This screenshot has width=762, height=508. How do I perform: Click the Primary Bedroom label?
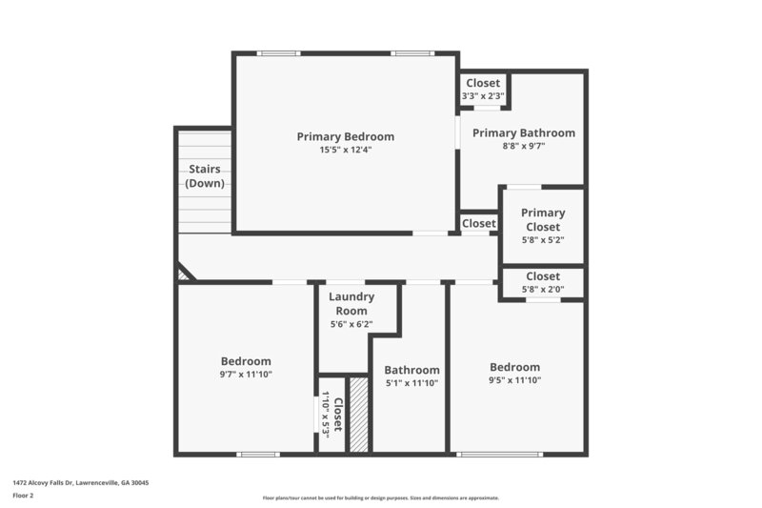(345, 136)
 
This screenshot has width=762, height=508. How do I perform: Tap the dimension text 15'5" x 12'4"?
(345, 150)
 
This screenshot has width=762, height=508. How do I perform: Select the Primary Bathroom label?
(523, 133)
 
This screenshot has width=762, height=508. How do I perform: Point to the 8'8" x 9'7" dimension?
(523, 147)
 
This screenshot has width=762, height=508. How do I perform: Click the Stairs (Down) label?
(204, 175)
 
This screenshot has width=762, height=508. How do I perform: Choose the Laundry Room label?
(351, 303)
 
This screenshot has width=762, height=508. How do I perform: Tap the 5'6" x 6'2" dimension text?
(351, 324)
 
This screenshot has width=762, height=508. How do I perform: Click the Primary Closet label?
(543, 220)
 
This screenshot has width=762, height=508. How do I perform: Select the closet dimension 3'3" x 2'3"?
(483, 95)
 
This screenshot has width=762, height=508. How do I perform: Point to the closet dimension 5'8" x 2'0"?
(543, 289)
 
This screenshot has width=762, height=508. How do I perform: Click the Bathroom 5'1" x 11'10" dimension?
(411, 383)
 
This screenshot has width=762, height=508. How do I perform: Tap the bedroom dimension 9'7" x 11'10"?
(246, 375)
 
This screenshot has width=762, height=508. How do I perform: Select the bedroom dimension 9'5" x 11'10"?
(514, 380)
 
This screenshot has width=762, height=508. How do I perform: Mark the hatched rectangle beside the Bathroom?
(358, 415)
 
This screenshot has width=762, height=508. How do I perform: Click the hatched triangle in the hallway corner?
(183, 274)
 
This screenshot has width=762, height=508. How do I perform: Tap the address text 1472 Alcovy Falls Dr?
(80, 483)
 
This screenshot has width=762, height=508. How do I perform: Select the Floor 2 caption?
(24, 496)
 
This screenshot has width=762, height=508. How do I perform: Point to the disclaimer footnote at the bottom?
(380, 498)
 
